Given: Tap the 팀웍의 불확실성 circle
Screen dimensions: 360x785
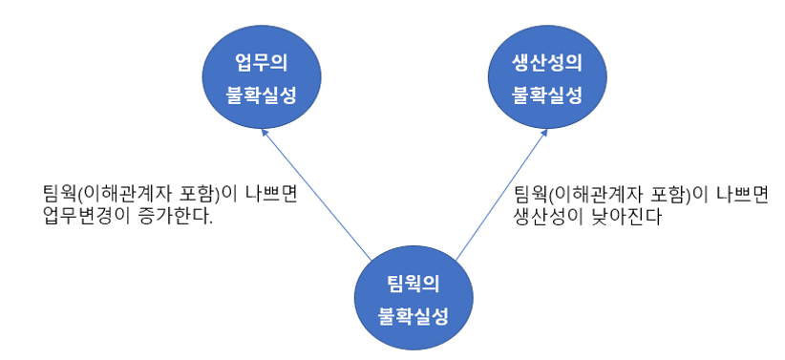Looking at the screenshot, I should [413, 299].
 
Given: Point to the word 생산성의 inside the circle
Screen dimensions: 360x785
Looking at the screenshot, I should [547, 64].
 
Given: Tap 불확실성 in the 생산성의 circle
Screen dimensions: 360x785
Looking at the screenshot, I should [547, 95].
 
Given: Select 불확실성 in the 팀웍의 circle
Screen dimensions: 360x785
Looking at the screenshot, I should [413, 316].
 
